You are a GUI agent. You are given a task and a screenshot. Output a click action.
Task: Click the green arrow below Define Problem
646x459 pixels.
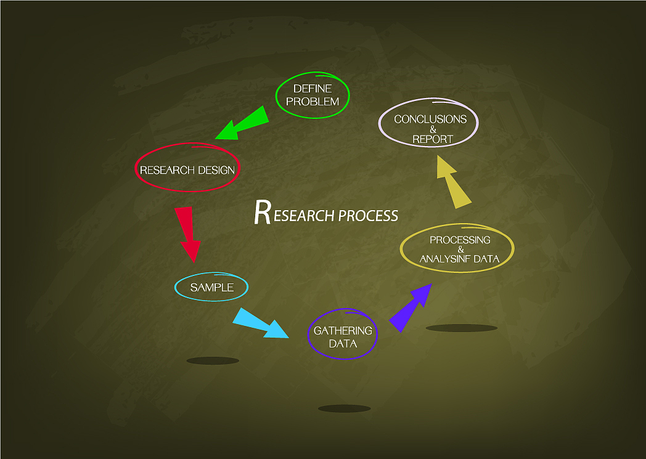(243, 124)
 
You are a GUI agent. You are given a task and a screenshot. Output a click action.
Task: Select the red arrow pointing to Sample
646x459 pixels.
(188, 234)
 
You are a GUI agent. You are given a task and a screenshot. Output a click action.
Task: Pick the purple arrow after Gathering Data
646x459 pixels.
(410, 307)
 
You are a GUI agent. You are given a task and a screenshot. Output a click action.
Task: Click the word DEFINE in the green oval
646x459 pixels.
(313, 89)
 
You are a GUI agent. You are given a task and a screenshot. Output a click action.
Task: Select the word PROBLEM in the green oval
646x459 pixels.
(313, 101)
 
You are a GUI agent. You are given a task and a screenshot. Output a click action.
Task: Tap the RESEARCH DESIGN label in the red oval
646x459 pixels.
(187, 170)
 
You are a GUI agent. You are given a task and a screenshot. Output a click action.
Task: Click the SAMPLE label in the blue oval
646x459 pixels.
(211, 288)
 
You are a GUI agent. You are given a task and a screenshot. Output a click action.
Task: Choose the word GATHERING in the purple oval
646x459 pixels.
(343, 331)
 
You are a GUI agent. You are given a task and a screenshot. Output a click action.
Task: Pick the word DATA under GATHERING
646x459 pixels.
(343, 343)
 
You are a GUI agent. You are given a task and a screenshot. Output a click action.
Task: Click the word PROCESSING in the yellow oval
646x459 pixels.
(460, 240)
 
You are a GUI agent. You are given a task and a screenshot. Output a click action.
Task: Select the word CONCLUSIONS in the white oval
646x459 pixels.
(430, 120)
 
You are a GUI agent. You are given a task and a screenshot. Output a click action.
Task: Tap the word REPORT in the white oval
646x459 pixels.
(432, 139)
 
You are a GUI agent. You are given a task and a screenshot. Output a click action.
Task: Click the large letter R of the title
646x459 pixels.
(262, 213)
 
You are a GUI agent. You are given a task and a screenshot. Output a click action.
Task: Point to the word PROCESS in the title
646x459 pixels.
(368, 216)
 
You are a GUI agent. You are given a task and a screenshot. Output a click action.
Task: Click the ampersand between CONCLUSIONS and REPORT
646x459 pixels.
(433, 129)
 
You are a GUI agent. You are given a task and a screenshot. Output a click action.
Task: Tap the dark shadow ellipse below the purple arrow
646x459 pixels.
(461, 328)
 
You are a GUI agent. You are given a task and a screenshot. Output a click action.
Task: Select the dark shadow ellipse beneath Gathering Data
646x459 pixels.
(344, 408)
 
